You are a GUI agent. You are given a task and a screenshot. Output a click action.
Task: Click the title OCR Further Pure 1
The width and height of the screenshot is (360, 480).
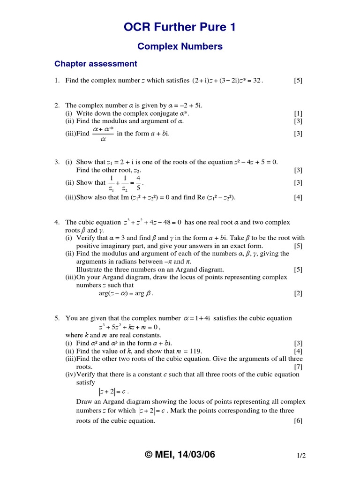[x=180, y=28]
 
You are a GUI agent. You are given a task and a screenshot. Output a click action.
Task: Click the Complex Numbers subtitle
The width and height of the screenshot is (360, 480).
[x=180, y=46]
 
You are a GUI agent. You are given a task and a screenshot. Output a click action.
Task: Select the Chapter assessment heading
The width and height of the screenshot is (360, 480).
[x=96, y=64]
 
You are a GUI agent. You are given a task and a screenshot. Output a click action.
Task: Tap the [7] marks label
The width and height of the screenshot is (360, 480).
[x=298, y=367]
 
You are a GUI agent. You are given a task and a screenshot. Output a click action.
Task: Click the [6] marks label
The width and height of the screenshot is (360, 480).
[x=298, y=420]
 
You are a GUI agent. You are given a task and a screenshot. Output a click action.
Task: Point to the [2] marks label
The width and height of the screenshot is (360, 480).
[x=298, y=293]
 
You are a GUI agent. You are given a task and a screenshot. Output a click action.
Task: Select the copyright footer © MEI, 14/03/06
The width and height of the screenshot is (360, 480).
[x=180, y=454]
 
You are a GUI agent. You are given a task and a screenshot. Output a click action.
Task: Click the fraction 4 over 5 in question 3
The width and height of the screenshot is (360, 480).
[x=138, y=183]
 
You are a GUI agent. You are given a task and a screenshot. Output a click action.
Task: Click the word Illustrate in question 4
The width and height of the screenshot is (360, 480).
[x=90, y=270]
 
